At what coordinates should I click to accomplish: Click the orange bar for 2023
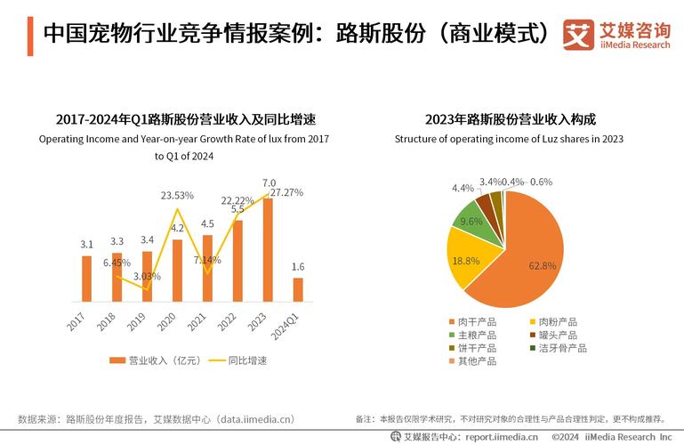click(x=268, y=250)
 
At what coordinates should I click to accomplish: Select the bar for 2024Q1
click(x=298, y=289)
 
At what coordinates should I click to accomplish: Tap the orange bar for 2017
click(x=86, y=279)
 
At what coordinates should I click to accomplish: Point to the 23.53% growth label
click(x=178, y=195)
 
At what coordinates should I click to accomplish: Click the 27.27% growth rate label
click(x=286, y=191)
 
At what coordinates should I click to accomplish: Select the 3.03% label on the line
click(x=148, y=277)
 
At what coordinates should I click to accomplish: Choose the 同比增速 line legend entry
click(x=239, y=360)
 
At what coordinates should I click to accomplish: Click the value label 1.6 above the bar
click(x=298, y=267)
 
